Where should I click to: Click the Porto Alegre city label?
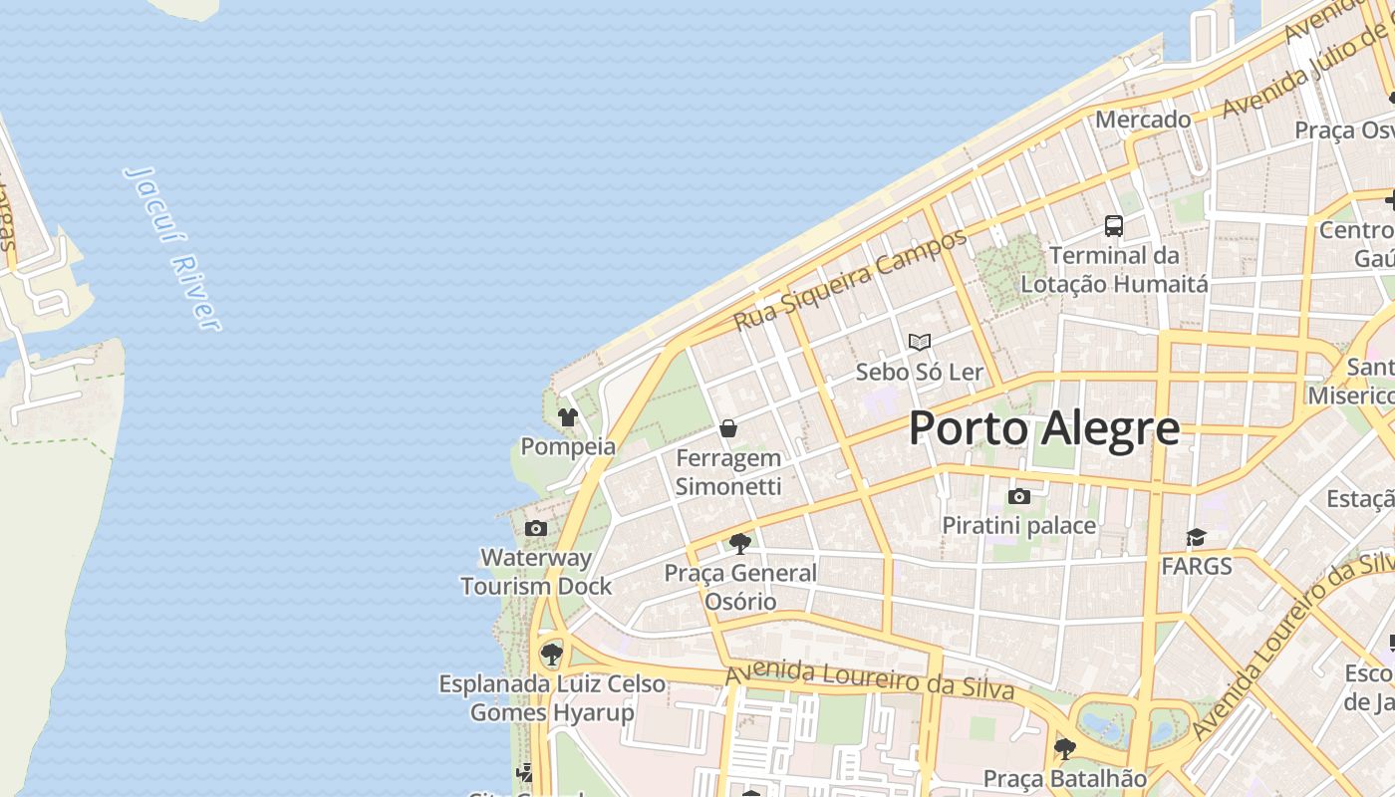coord(1044,428)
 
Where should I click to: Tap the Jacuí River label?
coord(171,247)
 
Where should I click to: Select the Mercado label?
coord(1143,120)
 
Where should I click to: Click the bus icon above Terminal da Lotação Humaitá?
coord(1114,226)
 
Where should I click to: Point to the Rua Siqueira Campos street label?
coord(850,280)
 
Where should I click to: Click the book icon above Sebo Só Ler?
coord(920,342)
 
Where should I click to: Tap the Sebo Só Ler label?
coord(920,373)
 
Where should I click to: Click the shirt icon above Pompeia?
coord(568,417)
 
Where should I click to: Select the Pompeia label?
coord(568,446)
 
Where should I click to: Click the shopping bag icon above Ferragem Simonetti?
coord(728,428)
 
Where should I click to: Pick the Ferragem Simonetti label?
coord(728,472)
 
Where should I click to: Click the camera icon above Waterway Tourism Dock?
coord(536,528)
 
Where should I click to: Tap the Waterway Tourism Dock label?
coord(536,572)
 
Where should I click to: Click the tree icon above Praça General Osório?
coord(739,543)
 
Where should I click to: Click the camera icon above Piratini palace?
coord(1019,496)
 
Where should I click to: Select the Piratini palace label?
coord(1019,525)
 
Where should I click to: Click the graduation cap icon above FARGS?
coord(1196,538)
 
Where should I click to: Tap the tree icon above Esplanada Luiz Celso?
coord(551,655)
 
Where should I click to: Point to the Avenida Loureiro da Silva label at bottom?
coord(869,680)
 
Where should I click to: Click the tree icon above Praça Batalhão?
coord(1064,748)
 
